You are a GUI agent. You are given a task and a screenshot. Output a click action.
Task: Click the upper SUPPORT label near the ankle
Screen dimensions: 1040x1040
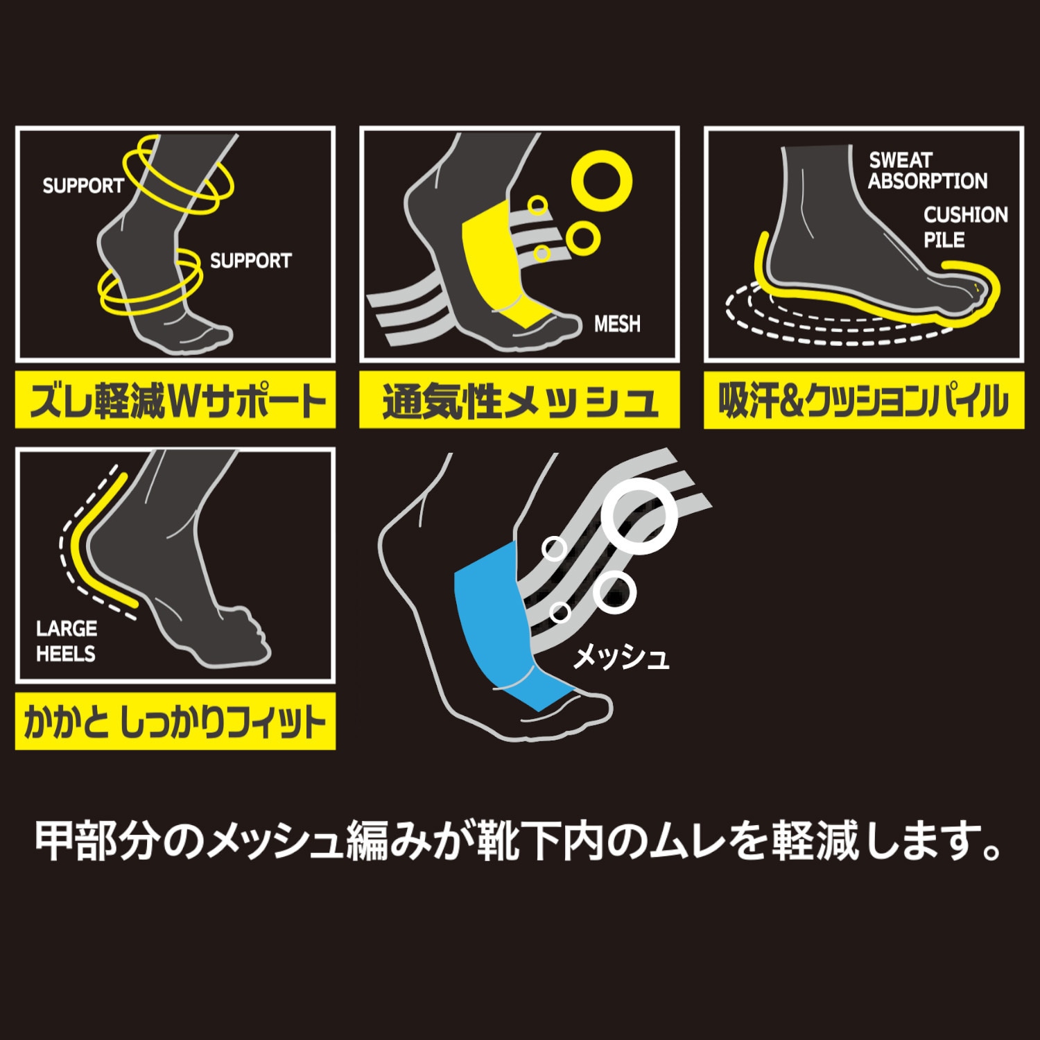[83, 186]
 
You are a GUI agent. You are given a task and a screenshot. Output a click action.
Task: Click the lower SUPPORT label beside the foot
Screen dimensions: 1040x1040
[251, 261]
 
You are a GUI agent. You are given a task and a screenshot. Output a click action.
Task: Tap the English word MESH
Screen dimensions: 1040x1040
[617, 324]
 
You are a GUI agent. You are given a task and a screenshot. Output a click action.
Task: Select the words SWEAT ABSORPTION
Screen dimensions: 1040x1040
[928, 171]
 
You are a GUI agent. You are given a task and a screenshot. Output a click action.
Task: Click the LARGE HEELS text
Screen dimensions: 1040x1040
[67, 641]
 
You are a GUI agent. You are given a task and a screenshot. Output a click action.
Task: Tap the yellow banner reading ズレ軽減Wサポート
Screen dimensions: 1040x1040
[175, 400]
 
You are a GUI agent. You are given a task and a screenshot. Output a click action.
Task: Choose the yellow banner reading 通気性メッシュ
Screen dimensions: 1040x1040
[519, 400]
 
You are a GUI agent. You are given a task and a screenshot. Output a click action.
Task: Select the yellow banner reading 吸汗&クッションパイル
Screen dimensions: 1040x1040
[864, 400]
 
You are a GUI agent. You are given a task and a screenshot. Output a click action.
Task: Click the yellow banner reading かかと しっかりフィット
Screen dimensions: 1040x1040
[175, 721]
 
